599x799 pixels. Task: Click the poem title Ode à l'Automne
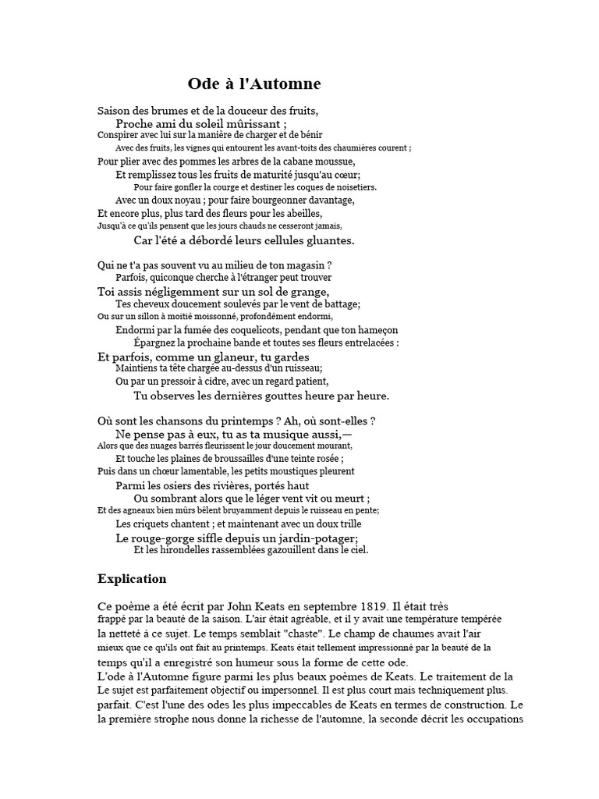254,84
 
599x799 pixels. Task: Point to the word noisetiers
354,187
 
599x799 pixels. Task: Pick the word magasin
303,265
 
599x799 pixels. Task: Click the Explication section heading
132,579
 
